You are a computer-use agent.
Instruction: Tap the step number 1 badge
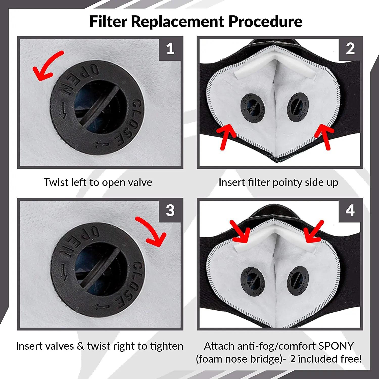point(170,49)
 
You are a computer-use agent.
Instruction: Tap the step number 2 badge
point(350,49)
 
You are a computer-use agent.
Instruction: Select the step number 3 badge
point(170,210)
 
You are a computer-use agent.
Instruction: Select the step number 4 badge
point(350,210)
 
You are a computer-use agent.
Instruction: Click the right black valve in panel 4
point(298,280)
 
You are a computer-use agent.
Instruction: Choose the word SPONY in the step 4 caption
point(336,346)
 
